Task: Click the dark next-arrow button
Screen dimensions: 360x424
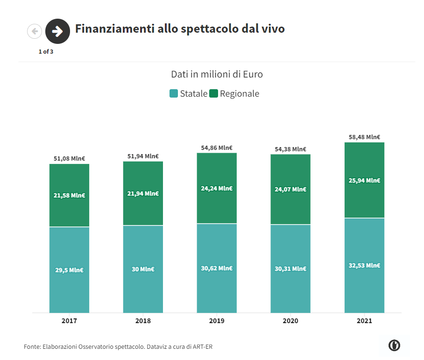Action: (57, 31)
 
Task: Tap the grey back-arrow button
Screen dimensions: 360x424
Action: (35, 31)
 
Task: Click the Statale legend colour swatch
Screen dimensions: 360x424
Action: (174, 93)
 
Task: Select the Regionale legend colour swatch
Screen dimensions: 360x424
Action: (214, 93)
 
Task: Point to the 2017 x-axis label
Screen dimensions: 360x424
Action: (69, 321)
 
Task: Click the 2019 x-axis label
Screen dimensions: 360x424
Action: (217, 321)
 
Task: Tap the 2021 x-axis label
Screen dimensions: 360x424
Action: (364, 321)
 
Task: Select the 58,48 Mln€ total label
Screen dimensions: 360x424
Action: (364, 137)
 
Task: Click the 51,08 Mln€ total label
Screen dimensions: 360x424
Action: (69, 158)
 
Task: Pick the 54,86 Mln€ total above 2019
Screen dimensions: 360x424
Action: (217, 148)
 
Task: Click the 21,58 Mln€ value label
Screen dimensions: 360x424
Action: (69, 195)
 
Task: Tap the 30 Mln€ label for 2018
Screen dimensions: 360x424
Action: (143, 269)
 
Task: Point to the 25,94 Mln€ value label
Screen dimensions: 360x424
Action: (364, 180)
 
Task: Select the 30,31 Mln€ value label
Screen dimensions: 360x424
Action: (290, 268)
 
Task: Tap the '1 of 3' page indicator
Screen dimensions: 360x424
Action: (46, 51)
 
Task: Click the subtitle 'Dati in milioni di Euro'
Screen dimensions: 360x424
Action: (217, 74)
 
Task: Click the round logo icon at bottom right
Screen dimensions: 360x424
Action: (394, 345)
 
